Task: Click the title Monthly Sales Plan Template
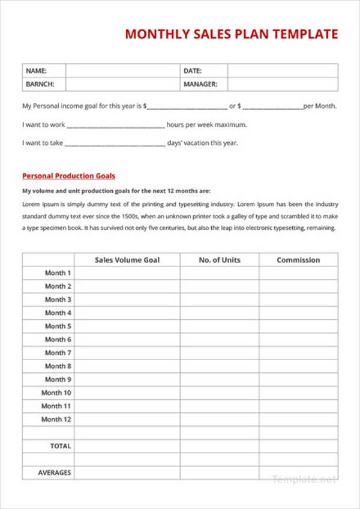tap(231, 34)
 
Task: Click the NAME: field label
tap(36, 71)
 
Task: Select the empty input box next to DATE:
tap(282, 71)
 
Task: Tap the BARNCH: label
tap(40, 85)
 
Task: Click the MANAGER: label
tap(200, 85)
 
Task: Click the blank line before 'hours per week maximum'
tap(115, 126)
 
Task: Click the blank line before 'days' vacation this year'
tap(114, 144)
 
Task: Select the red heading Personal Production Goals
tap(68, 176)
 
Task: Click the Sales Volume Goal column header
tap(127, 260)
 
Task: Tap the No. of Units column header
tap(219, 260)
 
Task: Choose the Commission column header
tap(298, 260)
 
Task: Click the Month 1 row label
tap(58, 273)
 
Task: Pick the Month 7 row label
tap(58, 353)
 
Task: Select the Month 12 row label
tap(56, 420)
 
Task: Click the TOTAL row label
tap(61, 446)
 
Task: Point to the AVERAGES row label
tap(55, 472)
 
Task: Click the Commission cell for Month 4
tap(298, 313)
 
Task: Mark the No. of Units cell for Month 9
tap(219, 379)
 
